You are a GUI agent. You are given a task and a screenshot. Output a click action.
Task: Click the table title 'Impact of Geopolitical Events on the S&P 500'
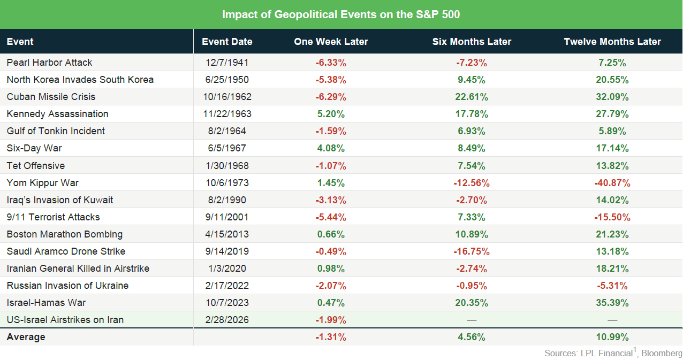point(341,14)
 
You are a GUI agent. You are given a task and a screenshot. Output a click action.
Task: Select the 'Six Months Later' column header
point(472,42)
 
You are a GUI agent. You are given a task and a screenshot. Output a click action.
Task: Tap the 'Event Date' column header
point(227,42)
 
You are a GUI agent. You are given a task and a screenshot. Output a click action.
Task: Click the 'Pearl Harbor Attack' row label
point(49,63)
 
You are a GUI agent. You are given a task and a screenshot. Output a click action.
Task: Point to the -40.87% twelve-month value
point(612,183)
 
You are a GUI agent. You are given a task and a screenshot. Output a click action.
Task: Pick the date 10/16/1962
point(227,97)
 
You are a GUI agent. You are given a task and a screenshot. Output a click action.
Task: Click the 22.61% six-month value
point(472,97)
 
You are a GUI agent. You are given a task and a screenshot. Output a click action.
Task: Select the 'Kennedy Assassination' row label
point(57,114)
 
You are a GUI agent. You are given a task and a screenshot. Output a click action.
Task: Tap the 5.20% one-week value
point(331,114)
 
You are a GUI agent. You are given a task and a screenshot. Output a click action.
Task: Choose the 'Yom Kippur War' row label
point(42,183)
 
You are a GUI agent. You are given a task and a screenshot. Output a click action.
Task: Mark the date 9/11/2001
point(227,217)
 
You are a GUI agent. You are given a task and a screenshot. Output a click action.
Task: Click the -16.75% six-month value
point(472,251)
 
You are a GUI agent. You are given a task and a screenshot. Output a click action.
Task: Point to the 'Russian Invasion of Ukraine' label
point(67,286)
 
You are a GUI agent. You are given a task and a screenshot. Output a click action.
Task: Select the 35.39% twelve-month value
point(612,303)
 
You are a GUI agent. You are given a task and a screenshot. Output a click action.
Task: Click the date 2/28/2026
point(227,320)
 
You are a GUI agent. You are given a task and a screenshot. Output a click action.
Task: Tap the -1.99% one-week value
point(331,320)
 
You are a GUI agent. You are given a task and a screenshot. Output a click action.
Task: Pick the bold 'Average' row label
point(26,337)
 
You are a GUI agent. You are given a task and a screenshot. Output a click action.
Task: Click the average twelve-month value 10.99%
point(612,337)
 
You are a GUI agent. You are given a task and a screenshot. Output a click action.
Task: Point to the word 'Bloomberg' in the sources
point(661,354)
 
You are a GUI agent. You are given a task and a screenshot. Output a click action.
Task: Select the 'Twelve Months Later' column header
point(612,42)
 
